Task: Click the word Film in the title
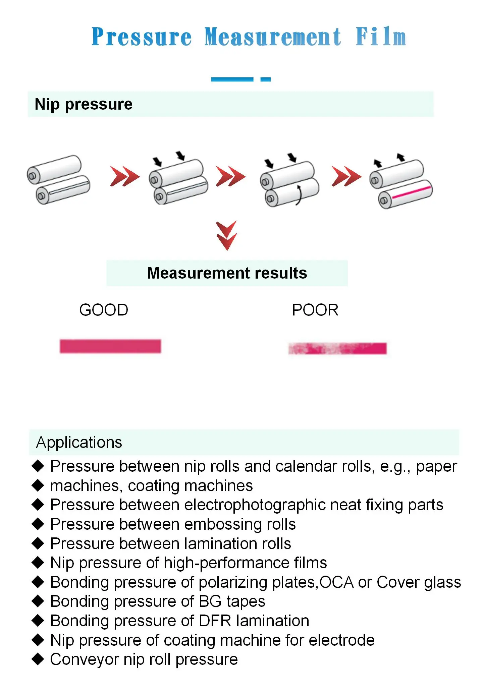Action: [380, 37]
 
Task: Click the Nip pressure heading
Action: [84, 104]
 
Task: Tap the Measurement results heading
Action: [227, 273]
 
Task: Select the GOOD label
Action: [104, 310]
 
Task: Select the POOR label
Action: [315, 310]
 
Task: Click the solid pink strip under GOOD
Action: [110, 346]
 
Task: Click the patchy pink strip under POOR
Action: [337, 348]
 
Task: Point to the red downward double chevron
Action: [227, 235]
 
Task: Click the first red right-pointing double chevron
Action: [124, 176]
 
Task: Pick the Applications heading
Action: [79, 443]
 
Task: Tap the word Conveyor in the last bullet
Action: [85, 659]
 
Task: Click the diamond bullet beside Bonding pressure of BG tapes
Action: [38, 601]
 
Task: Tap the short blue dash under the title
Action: [265, 79]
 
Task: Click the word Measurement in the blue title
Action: [273, 37]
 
